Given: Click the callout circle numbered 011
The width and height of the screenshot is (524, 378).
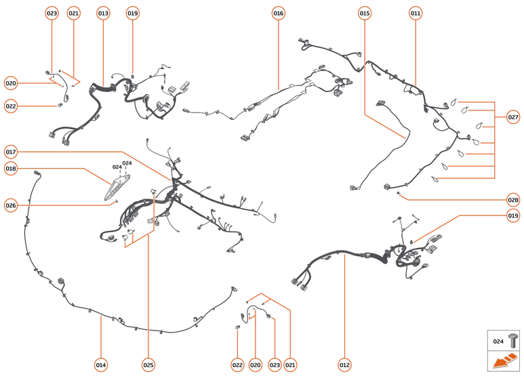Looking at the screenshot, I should [416, 14].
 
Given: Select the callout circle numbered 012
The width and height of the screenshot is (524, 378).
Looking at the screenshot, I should [344, 365].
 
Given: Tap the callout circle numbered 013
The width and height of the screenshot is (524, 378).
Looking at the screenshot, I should [103, 14].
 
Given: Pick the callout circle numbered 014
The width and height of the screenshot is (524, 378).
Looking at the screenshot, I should [100, 365].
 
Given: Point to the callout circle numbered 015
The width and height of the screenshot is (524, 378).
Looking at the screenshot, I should [365, 14].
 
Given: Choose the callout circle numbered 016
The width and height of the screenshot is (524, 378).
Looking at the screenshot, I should [279, 14].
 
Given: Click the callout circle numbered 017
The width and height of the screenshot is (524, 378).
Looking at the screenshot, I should [11, 151].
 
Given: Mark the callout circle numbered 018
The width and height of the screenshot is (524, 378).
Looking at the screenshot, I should [11, 168].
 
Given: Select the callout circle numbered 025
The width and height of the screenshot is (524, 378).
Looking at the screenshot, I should [148, 365].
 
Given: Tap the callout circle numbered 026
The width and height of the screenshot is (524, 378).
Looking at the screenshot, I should [11, 205].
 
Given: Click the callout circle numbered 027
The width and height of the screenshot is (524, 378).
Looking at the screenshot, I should [513, 117].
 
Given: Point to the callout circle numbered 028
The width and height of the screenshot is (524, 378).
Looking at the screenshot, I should [513, 200].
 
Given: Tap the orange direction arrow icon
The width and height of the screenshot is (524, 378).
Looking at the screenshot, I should [505, 362].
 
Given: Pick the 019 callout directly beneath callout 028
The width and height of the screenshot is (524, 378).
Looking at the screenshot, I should [513, 216].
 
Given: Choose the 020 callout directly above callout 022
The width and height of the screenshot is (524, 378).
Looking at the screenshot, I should [11, 83].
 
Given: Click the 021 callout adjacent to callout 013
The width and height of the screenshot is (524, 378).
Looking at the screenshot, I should [74, 14].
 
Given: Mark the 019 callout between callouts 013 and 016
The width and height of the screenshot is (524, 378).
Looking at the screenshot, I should [132, 14].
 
